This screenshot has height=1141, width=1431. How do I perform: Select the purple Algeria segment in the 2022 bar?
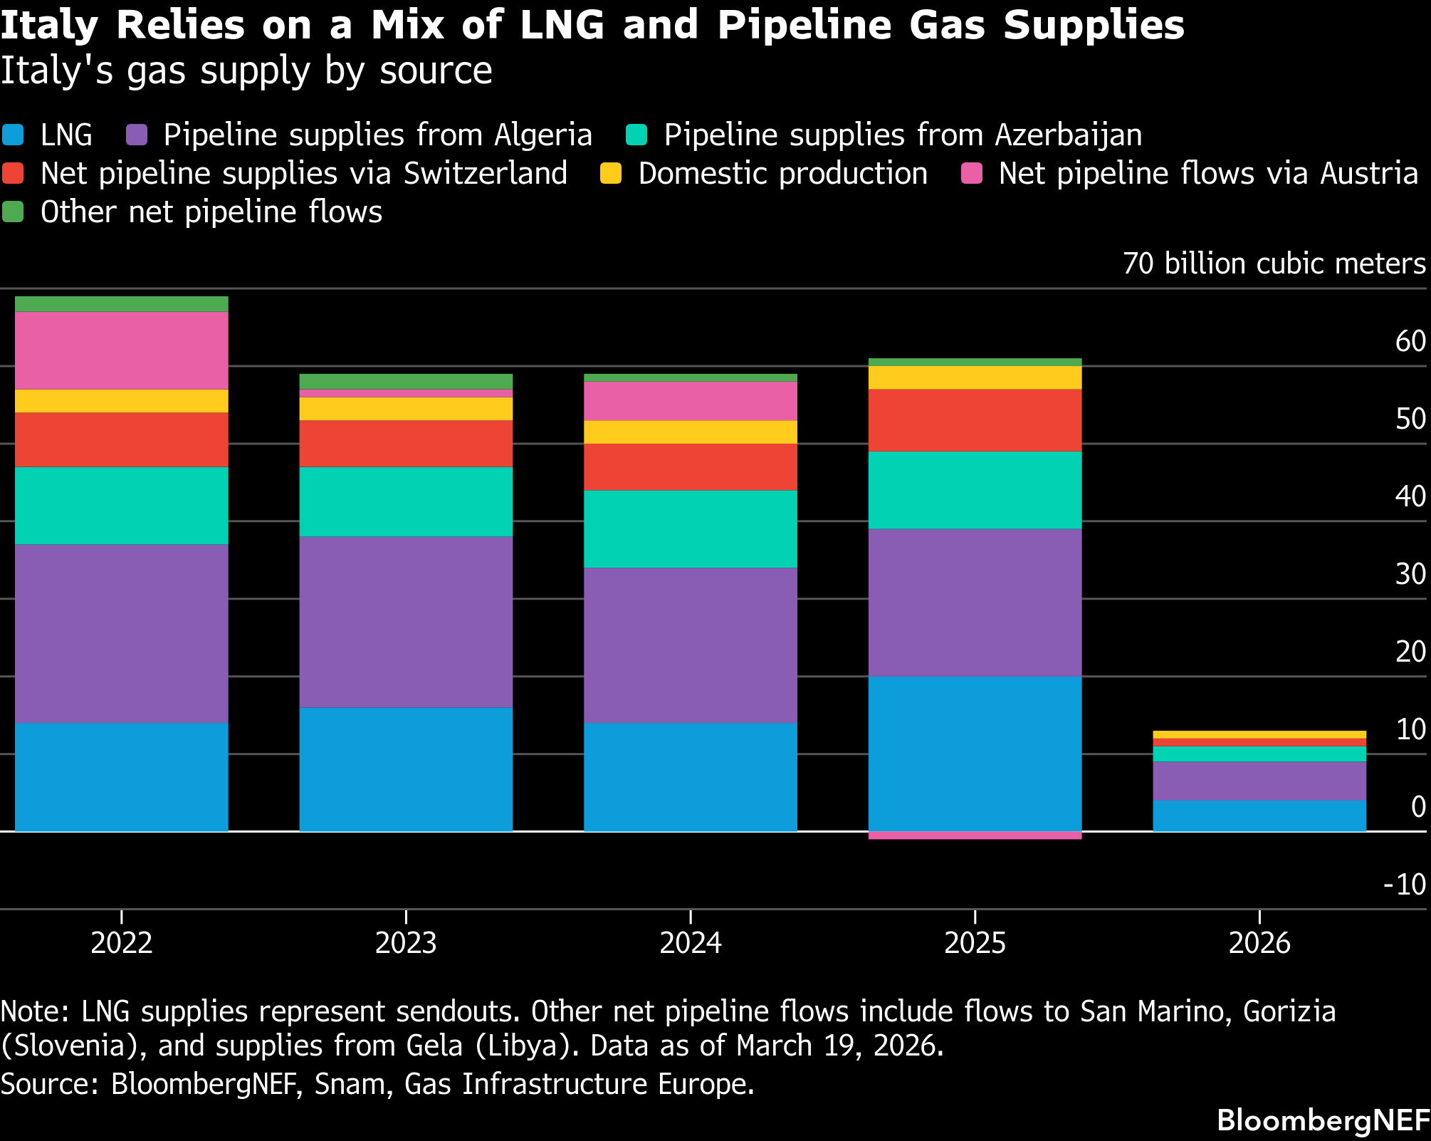tap(121, 633)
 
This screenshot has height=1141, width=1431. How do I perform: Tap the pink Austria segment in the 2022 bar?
tap(121, 350)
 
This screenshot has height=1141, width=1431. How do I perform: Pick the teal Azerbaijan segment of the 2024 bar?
tap(690, 528)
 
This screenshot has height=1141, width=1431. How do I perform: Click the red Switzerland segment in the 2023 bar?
tap(406, 443)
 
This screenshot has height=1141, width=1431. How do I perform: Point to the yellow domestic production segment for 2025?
tap(975, 377)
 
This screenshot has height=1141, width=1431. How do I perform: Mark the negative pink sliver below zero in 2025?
tap(975, 835)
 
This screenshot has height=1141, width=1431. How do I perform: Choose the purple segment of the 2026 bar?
tap(1259, 781)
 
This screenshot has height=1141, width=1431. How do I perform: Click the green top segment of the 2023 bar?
tap(406, 381)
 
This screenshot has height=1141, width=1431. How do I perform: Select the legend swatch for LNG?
tap(14, 135)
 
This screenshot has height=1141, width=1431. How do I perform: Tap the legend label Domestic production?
tap(782, 174)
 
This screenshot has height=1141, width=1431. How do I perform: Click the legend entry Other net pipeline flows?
tap(211, 212)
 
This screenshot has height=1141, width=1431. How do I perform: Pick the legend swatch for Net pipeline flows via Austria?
tap(972, 174)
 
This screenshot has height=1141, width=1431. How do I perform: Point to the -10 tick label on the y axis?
tap(1404, 885)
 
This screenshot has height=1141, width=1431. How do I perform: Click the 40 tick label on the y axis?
tap(1410, 496)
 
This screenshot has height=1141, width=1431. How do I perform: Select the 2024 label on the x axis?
tap(690, 943)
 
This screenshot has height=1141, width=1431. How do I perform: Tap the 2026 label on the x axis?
tap(1259, 943)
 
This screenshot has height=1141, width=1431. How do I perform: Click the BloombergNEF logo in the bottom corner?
tap(1323, 1120)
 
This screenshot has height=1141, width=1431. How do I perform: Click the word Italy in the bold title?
tap(48, 26)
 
